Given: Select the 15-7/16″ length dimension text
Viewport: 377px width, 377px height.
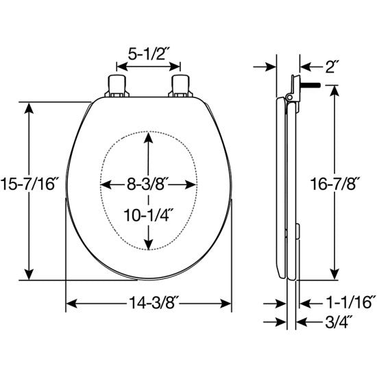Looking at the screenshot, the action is [29, 184].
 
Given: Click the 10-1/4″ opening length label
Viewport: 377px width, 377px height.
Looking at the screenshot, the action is [148, 215].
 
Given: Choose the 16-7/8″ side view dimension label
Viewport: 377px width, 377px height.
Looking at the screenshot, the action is [335, 184].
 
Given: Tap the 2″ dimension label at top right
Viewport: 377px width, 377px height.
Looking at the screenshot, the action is [332, 66].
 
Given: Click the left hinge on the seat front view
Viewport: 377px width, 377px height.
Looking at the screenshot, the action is [117, 86].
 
